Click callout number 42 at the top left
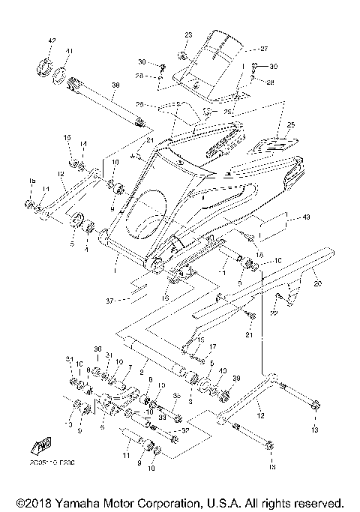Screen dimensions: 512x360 (52, 40)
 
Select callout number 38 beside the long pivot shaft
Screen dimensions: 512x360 (115, 86)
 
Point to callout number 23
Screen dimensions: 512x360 (188, 35)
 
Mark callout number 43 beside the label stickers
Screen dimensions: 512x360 (305, 218)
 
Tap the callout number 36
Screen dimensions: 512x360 (97, 349)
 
